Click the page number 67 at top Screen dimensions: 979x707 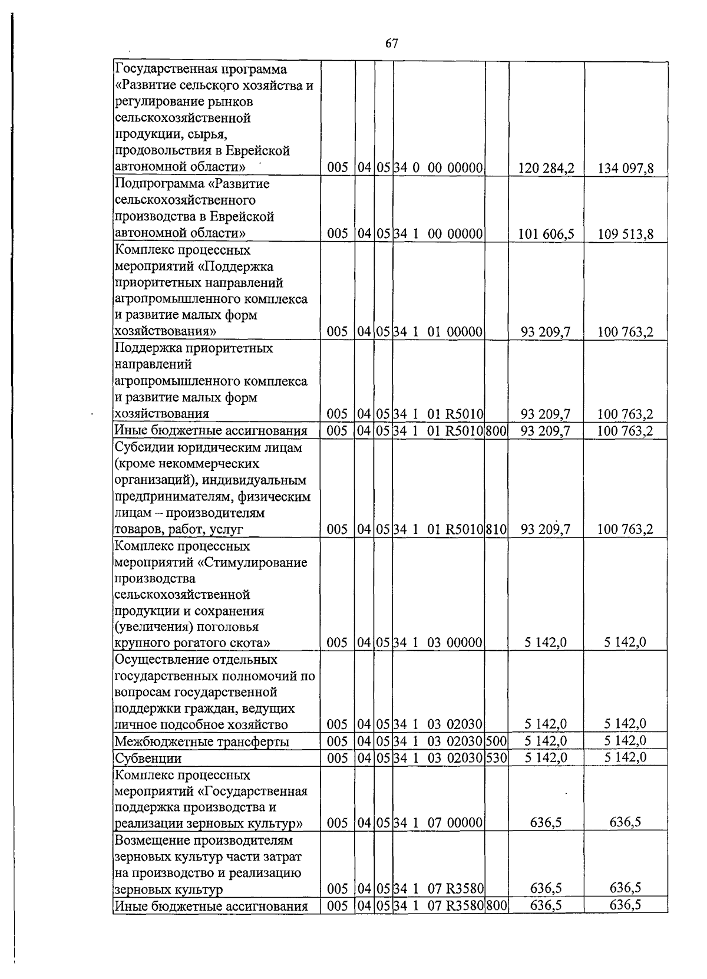(x=392, y=44)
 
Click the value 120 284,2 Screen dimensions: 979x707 (x=546, y=169)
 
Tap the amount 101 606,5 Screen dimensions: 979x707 (x=546, y=234)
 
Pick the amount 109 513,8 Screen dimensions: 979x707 (x=625, y=234)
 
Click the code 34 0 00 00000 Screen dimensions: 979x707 (x=438, y=169)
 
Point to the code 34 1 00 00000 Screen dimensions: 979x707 (x=438, y=234)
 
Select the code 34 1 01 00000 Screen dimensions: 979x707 (x=438, y=332)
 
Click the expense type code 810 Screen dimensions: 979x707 (x=497, y=529)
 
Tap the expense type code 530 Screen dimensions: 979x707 (x=497, y=758)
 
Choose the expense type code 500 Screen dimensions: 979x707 (x=497, y=741)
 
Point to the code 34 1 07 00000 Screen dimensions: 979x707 (x=438, y=823)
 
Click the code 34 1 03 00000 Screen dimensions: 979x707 (x=438, y=643)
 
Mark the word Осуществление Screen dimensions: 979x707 (x=154, y=660)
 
